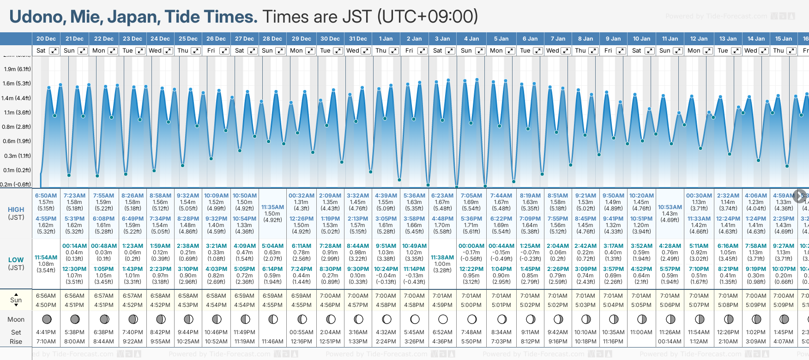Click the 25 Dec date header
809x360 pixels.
click(188, 39)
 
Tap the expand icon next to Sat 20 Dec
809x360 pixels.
click(54, 51)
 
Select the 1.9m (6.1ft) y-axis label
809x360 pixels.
click(17, 69)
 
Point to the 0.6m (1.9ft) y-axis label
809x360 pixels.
click(17, 141)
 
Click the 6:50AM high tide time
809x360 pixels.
click(46, 196)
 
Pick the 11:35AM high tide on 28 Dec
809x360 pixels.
click(272, 207)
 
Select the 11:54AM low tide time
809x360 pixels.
click(46, 258)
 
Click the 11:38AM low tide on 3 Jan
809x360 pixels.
click(442, 258)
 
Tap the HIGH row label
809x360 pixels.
click(16, 210)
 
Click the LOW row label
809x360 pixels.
click(16, 260)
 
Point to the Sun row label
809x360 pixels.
click(16, 300)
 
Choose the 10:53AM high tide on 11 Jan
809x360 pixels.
click(670, 207)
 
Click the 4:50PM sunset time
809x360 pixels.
click(46, 305)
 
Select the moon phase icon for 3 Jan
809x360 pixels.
click(443, 319)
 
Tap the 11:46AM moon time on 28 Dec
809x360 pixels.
click(272, 342)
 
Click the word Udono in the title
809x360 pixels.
click(38, 17)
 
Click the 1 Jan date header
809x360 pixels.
click(386, 39)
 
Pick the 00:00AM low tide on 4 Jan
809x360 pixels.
click(471, 246)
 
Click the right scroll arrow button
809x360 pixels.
click(800, 195)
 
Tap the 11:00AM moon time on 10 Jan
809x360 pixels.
click(641, 332)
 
